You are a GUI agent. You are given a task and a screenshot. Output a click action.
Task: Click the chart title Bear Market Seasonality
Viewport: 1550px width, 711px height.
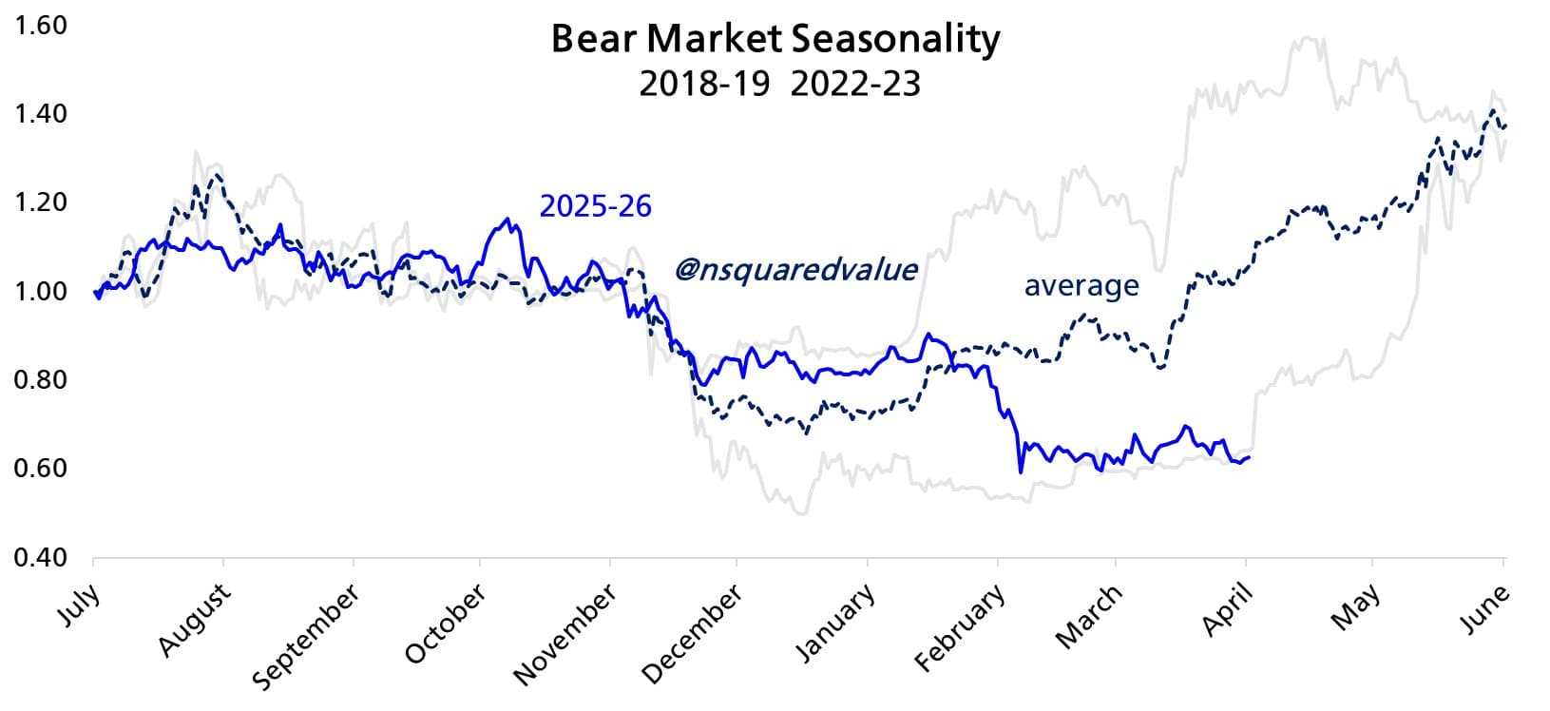(775, 40)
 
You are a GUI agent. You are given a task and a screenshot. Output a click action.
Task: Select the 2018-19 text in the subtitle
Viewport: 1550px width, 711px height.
(704, 84)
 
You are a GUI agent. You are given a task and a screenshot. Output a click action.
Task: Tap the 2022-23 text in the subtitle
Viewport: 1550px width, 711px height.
(855, 84)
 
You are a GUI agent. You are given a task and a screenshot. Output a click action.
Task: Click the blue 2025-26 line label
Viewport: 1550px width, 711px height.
(596, 205)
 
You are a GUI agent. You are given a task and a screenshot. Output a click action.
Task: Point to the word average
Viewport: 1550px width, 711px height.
(1081, 285)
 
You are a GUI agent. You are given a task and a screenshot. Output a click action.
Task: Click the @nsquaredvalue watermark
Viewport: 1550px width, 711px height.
(796, 269)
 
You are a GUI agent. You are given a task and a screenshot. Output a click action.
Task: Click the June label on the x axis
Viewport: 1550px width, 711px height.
(1485, 607)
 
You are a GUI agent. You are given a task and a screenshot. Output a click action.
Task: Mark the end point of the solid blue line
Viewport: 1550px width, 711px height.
(1249, 457)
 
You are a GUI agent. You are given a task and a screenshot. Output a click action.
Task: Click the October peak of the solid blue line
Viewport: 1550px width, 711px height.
(507, 220)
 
